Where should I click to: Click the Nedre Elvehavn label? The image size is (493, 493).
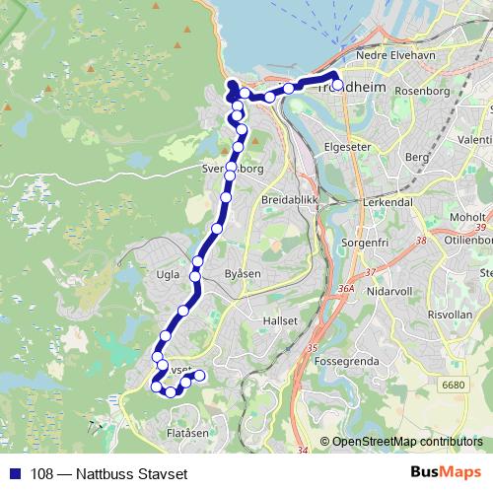click(396, 71)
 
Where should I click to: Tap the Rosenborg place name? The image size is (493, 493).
click(422, 92)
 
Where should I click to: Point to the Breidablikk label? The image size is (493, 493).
click(286, 199)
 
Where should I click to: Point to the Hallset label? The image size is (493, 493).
click(266, 320)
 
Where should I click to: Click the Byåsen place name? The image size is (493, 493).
click(246, 272)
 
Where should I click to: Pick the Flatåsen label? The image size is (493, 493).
click(187, 433)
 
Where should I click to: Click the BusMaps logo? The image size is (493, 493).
click(445, 472)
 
